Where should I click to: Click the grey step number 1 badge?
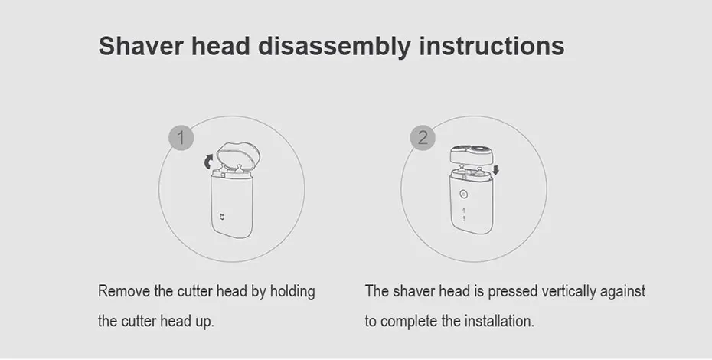coord(180,139)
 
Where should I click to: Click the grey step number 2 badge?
coord(423,139)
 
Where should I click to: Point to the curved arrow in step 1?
coord(207,161)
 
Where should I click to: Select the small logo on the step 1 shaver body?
coord(224,216)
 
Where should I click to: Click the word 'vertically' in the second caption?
coord(570,292)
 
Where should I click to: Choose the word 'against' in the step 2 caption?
coord(625,292)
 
